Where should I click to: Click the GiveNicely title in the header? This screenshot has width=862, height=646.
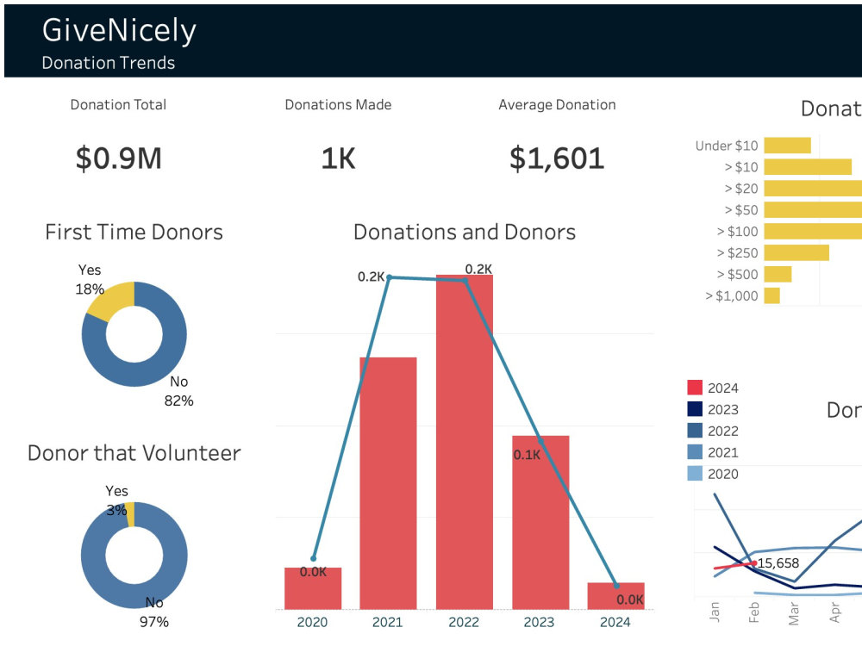click(119, 30)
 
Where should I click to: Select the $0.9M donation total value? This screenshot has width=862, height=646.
click(118, 158)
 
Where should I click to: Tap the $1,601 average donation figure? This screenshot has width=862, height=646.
click(557, 158)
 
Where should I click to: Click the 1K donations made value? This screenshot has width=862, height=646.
click(338, 158)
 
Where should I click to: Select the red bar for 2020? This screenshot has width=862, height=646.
click(313, 588)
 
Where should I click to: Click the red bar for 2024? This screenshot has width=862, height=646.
click(615, 596)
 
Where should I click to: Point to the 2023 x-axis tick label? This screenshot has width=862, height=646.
click(540, 622)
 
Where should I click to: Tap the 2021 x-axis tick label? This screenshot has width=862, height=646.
click(388, 622)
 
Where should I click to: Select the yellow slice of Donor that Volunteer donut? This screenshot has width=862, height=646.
click(130, 514)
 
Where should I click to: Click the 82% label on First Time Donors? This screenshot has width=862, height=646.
click(179, 401)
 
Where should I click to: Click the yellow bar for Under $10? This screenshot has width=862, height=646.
click(787, 146)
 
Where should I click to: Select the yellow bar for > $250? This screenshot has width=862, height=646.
click(796, 253)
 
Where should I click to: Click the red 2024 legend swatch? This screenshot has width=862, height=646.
click(695, 388)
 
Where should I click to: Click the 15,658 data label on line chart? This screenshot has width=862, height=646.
click(778, 563)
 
